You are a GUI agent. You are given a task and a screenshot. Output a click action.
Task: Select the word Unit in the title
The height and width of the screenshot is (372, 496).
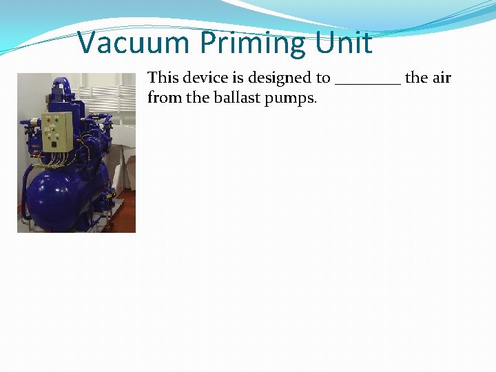coord(343,43)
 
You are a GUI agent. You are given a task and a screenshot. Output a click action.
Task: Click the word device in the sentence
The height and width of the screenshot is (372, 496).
coord(203,77)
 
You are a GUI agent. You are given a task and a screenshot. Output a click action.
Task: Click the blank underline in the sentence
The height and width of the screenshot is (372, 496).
coord(367,81)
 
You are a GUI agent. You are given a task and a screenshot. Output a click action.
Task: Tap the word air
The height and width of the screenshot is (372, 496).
coord(441,77)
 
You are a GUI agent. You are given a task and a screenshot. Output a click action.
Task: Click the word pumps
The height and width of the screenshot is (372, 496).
coord(291,99)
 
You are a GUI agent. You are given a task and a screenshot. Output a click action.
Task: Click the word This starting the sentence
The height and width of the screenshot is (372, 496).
coord(163,77)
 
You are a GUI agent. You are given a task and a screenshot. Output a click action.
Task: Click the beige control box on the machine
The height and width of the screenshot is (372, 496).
coord(57,131)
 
